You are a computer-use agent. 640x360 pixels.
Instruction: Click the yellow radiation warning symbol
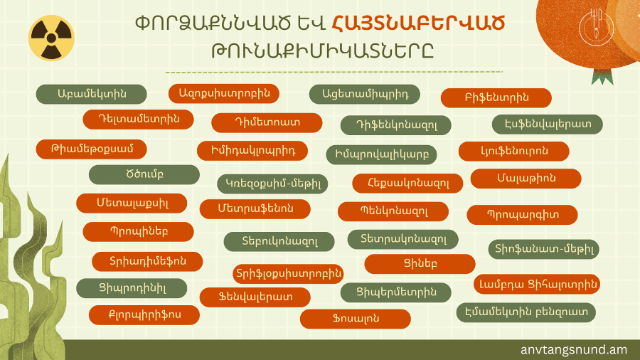51,38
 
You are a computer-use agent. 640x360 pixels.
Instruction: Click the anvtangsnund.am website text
573,350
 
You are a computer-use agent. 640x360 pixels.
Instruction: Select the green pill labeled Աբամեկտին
92,95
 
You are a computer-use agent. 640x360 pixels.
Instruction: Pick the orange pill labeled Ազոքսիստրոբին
224,93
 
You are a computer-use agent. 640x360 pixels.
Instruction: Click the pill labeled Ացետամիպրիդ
365,95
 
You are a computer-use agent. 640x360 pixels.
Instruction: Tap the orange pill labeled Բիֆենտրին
496,98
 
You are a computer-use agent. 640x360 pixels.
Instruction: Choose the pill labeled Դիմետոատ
267,123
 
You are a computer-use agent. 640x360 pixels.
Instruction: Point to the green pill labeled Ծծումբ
144,175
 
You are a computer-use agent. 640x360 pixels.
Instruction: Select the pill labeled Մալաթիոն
526,179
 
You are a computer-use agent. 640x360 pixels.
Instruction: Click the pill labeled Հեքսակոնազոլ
407,184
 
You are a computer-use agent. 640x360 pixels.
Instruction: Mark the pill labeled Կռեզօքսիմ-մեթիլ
272,184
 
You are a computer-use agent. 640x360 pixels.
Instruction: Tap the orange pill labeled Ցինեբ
420,264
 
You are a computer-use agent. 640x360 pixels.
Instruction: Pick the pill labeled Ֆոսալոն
356,319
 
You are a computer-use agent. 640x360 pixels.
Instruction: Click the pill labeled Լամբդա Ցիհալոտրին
537,284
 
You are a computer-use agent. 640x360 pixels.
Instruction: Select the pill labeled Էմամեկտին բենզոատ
526,312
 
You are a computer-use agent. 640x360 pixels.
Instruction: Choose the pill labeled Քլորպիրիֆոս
144,315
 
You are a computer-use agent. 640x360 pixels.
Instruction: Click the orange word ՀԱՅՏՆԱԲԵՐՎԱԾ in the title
418,23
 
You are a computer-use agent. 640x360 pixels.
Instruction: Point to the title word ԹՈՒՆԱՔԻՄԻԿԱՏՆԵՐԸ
322,51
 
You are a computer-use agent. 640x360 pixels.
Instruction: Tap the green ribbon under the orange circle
602,77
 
